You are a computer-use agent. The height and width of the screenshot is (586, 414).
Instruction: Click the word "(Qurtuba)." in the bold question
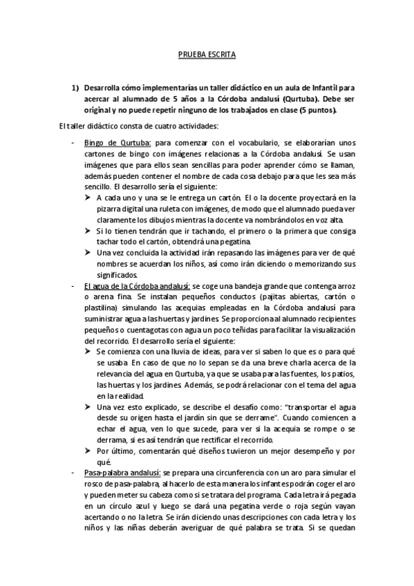(305, 99)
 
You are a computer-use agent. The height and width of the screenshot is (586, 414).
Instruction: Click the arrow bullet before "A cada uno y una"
(89, 198)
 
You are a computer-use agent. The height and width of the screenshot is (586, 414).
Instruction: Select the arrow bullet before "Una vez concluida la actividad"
(89, 252)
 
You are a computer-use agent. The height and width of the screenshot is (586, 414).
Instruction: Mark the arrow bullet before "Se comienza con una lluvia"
(89, 351)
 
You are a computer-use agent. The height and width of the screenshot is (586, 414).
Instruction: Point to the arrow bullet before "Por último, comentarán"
(89, 451)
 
